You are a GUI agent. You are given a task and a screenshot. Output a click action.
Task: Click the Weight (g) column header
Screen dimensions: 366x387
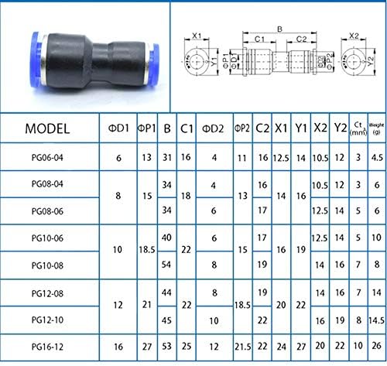click(x=376, y=127)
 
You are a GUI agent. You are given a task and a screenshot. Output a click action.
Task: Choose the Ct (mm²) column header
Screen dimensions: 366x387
click(x=358, y=128)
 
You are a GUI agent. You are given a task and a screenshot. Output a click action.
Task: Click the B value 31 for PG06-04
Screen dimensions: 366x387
click(x=167, y=158)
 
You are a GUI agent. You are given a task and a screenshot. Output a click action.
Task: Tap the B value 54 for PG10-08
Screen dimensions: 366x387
click(x=167, y=265)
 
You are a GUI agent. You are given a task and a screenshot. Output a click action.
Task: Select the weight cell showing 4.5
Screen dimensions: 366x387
click(x=376, y=158)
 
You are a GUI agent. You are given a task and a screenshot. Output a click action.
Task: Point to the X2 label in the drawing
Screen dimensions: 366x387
click(x=354, y=36)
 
